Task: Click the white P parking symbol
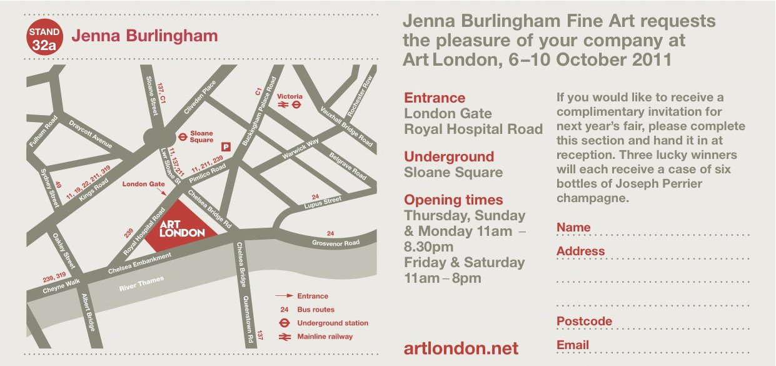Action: click(226, 146)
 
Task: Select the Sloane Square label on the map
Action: click(201, 136)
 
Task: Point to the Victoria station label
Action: click(290, 96)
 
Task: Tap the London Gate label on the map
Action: click(143, 184)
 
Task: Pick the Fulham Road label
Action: click(44, 131)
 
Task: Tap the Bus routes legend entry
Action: click(316, 310)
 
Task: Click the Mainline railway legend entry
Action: click(325, 337)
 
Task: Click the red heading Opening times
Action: click(453, 200)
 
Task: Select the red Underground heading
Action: click(449, 156)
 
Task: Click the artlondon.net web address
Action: click(461, 348)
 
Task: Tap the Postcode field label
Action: click(584, 322)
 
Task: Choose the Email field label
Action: click(573, 345)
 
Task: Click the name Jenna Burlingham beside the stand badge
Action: click(144, 36)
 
